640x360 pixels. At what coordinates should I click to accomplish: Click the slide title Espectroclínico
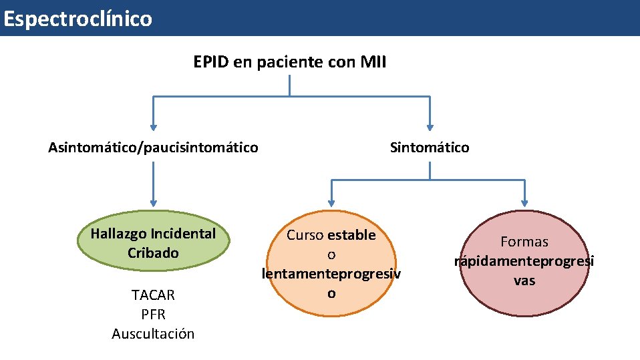pyautogui.click(x=77, y=19)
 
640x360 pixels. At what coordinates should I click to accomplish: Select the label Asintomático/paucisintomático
pyautogui.click(x=153, y=147)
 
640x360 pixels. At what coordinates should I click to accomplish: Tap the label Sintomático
pyautogui.click(x=430, y=147)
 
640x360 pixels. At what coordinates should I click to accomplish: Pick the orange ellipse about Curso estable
pyautogui.click(x=331, y=264)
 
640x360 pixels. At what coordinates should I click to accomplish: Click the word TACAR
pyautogui.click(x=153, y=295)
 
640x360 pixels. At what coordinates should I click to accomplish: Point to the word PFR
pyautogui.click(x=153, y=314)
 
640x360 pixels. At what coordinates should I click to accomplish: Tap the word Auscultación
pyautogui.click(x=153, y=333)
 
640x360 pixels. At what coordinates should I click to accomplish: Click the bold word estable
pyautogui.click(x=351, y=235)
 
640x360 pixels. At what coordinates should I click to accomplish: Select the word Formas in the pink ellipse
pyautogui.click(x=524, y=242)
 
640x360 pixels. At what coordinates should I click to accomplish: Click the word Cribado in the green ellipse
pyautogui.click(x=153, y=253)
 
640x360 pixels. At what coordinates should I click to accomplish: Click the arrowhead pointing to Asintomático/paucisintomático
pyautogui.click(x=153, y=126)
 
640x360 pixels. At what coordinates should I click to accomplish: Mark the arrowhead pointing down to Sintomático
pyautogui.click(x=430, y=126)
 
